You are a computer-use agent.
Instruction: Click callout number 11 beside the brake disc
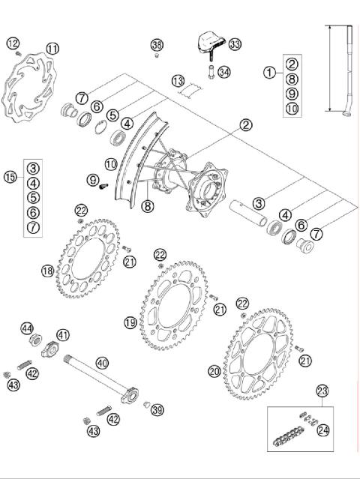pyautogui.click(x=52, y=48)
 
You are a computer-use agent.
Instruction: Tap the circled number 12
pyautogui.click(x=13, y=43)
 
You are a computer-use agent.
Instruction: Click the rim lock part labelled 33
pyautogui.click(x=208, y=42)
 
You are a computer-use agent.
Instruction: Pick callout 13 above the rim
pyautogui.click(x=178, y=80)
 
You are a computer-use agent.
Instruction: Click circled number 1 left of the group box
pyautogui.click(x=269, y=72)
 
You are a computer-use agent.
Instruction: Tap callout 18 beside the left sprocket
pyautogui.click(x=47, y=271)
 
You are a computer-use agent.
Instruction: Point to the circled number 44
pyautogui.click(x=28, y=328)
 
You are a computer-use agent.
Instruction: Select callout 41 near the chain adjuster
pyautogui.click(x=62, y=334)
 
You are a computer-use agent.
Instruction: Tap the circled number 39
pyautogui.click(x=157, y=409)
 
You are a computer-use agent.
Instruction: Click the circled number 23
pyautogui.click(x=322, y=391)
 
